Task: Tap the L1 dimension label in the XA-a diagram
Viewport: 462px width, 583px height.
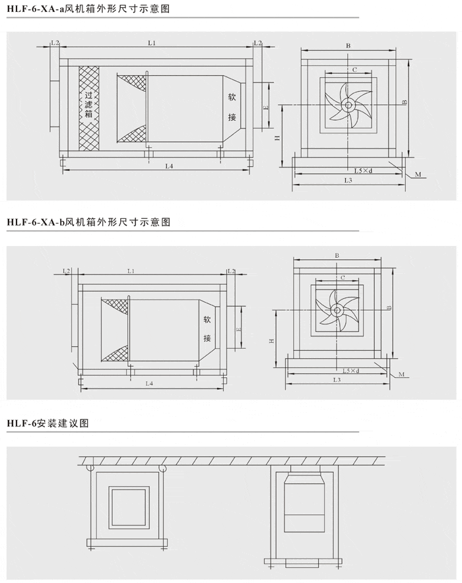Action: click(x=151, y=43)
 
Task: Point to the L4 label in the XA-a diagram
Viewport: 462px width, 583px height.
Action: click(x=169, y=166)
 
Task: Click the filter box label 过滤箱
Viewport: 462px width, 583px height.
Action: click(x=88, y=104)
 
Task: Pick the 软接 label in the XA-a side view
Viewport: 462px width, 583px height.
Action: click(x=232, y=107)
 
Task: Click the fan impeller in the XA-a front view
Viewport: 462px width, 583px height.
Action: click(x=347, y=104)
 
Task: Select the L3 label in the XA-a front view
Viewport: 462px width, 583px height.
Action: click(x=348, y=181)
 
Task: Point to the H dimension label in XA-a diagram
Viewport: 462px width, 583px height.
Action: click(x=278, y=138)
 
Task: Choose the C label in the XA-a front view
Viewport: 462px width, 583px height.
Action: click(x=354, y=69)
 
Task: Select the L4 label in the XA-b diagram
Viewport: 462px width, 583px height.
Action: click(x=148, y=383)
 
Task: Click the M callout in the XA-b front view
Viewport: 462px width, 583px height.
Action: click(x=401, y=374)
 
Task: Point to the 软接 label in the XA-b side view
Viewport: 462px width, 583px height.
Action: click(x=207, y=329)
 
